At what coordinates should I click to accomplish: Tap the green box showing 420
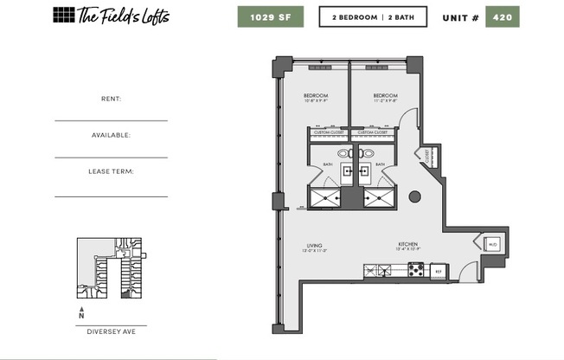point(503,17)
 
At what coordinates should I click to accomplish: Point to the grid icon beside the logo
point(63,15)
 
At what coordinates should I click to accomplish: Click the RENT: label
point(111,99)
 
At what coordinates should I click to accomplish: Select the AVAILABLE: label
point(111,135)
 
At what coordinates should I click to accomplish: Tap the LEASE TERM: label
point(111,171)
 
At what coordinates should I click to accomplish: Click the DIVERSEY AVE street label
point(111,331)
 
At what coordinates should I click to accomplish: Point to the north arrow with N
point(81,312)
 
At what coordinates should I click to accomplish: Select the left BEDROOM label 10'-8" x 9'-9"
point(316,97)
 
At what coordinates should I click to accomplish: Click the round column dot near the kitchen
point(414,196)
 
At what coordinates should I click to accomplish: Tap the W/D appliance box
point(492,245)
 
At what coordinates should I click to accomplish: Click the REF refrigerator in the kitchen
point(439,272)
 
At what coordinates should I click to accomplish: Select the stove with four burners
point(416,270)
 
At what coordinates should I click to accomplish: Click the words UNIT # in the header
point(460,17)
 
